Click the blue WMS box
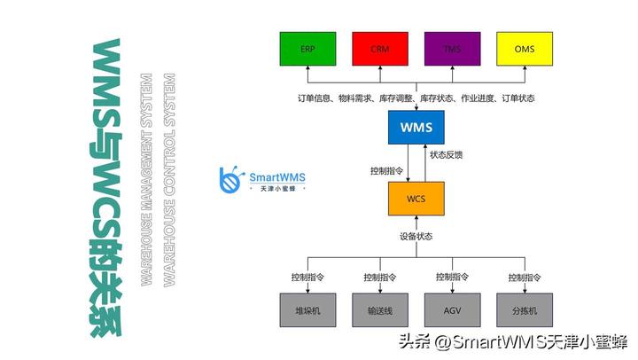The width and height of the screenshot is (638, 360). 416,129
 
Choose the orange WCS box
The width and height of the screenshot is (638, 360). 416,199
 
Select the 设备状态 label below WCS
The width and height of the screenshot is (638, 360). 416,237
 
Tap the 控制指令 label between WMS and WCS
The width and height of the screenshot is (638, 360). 386,169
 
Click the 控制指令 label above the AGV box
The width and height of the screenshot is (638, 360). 452,278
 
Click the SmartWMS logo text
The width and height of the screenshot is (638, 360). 276,177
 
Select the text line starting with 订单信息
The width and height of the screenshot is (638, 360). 416,98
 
